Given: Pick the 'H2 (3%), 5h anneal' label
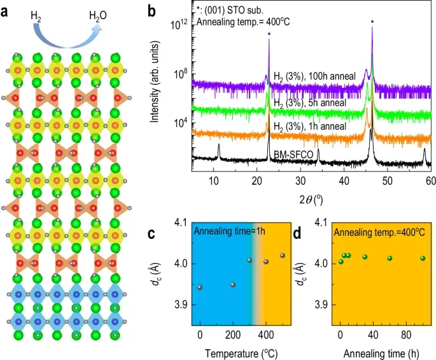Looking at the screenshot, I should pyautogui.click(x=310, y=103).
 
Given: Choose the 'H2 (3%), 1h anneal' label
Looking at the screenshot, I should pyautogui.click(x=310, y=126).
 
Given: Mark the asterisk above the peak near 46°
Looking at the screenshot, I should pyautogui.click(x=372, y=23).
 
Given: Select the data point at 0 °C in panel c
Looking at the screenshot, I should pyautogui.click(x=200, y=288).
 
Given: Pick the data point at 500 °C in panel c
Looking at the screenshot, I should pyautogui.click(x=283, y=256).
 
